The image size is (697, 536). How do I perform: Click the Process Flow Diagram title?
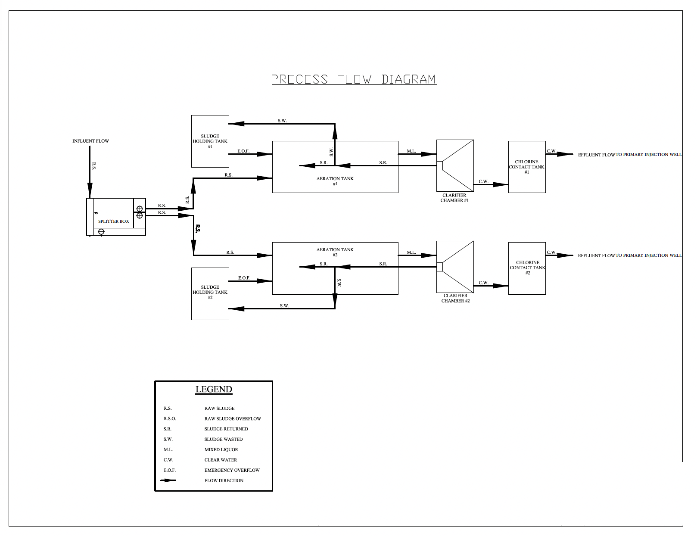354,79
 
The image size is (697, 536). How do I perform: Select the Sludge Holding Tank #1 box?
210,141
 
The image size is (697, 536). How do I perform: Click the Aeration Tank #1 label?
335,181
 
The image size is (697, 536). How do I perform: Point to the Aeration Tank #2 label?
335,252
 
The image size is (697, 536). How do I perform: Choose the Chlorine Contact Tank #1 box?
526,167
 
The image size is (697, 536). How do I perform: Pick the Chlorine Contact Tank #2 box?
527,268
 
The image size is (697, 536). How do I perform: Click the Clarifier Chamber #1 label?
454,198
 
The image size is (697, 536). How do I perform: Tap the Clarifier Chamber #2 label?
455,298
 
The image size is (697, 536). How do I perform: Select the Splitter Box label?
113,221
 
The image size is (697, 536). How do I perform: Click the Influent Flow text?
90,141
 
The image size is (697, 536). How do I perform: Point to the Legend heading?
214,390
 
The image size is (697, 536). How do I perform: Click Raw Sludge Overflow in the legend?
233,419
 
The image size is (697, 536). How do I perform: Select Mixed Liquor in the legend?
221,450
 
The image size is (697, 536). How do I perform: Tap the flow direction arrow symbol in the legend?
168,480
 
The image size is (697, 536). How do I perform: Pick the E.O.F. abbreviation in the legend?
170,471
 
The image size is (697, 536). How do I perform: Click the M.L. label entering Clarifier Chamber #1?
411,151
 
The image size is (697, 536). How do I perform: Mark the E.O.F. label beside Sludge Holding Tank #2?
244,278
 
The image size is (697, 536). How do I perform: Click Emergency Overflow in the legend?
232,471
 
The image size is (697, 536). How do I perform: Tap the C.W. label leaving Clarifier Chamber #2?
483,283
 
